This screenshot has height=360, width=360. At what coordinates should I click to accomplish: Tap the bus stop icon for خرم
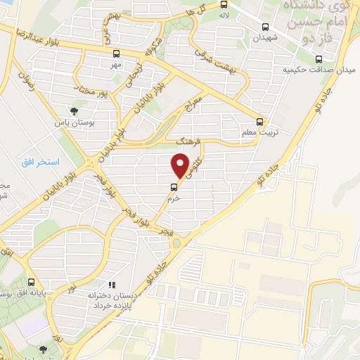173,186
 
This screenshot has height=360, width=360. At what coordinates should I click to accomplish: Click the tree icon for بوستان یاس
75,110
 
